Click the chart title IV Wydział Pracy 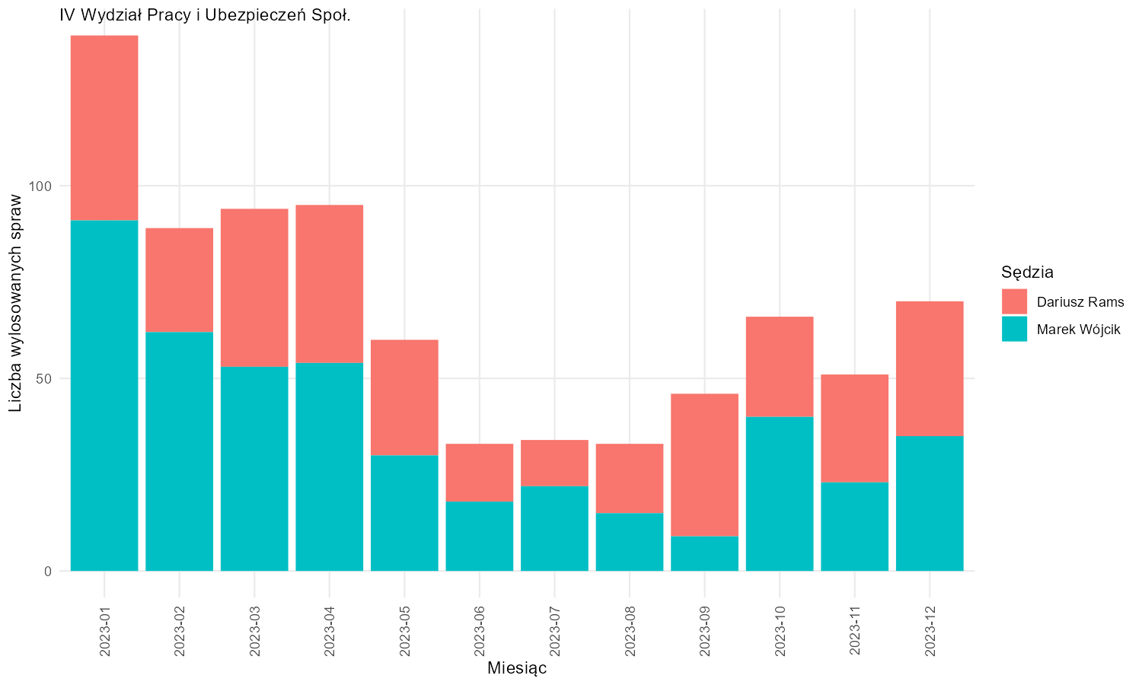pos(205,15)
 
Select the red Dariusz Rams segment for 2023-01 pos(104,128)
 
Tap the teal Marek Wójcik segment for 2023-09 pos(704,553)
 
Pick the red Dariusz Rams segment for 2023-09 pos(704,465)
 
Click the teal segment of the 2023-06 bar pos(480,536)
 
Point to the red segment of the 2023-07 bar pos(555,463)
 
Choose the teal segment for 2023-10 pos(780,494)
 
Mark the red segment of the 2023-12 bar pos(930,368)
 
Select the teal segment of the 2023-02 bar pos(180,451)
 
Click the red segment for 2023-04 pos(330,284)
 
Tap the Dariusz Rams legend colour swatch pos(1015,301)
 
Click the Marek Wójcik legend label pos(1079,330)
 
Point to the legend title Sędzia pos(1027,272)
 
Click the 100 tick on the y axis pos(40,186)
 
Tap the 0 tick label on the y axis pos(48,572)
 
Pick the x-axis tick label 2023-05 pos(405,631)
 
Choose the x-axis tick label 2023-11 pos(855,631)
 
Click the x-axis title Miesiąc pos(517,668)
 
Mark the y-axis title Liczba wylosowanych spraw pos(15,303)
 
